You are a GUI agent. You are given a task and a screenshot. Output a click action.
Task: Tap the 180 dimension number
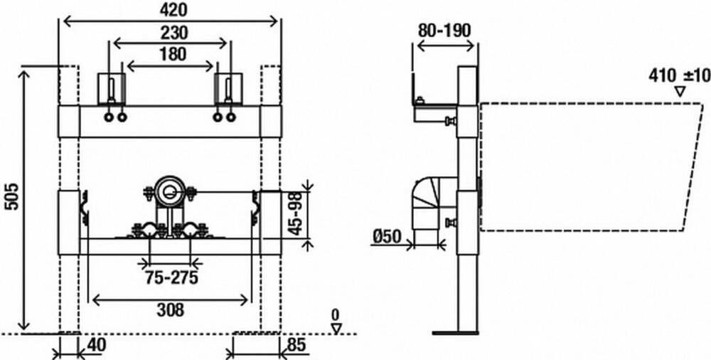point(171,53)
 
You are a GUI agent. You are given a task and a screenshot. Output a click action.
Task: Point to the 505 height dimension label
point(11,193)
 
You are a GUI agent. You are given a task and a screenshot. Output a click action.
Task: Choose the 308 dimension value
point(171,309)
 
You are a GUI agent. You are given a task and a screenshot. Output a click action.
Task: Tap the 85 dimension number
point(296,345)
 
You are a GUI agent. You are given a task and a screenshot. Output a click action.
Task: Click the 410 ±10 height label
point(678,75)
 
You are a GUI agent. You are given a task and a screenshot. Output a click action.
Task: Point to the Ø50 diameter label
point(387,235)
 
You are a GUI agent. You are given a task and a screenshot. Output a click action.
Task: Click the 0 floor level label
point(336,314)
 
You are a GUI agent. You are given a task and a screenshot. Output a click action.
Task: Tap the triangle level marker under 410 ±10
point(680,92)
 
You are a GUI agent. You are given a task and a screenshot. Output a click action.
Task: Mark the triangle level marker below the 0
point(337,327)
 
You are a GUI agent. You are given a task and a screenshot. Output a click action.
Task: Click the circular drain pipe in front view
point(170,191)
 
